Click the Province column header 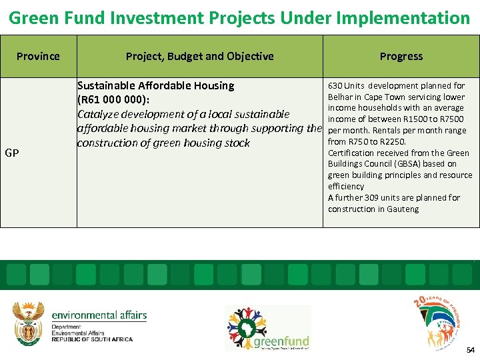point(38,56)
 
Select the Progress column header point(401,56)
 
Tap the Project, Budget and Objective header point(199,56)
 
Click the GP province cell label point(11,153)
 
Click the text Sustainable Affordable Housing point(155,85)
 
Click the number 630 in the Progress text point(335,85)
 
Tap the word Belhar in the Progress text point(339,97)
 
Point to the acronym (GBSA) point(416,164)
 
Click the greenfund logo point(267,327)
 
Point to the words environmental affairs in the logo point(99,315)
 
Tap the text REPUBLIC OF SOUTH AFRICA point(92,339)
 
